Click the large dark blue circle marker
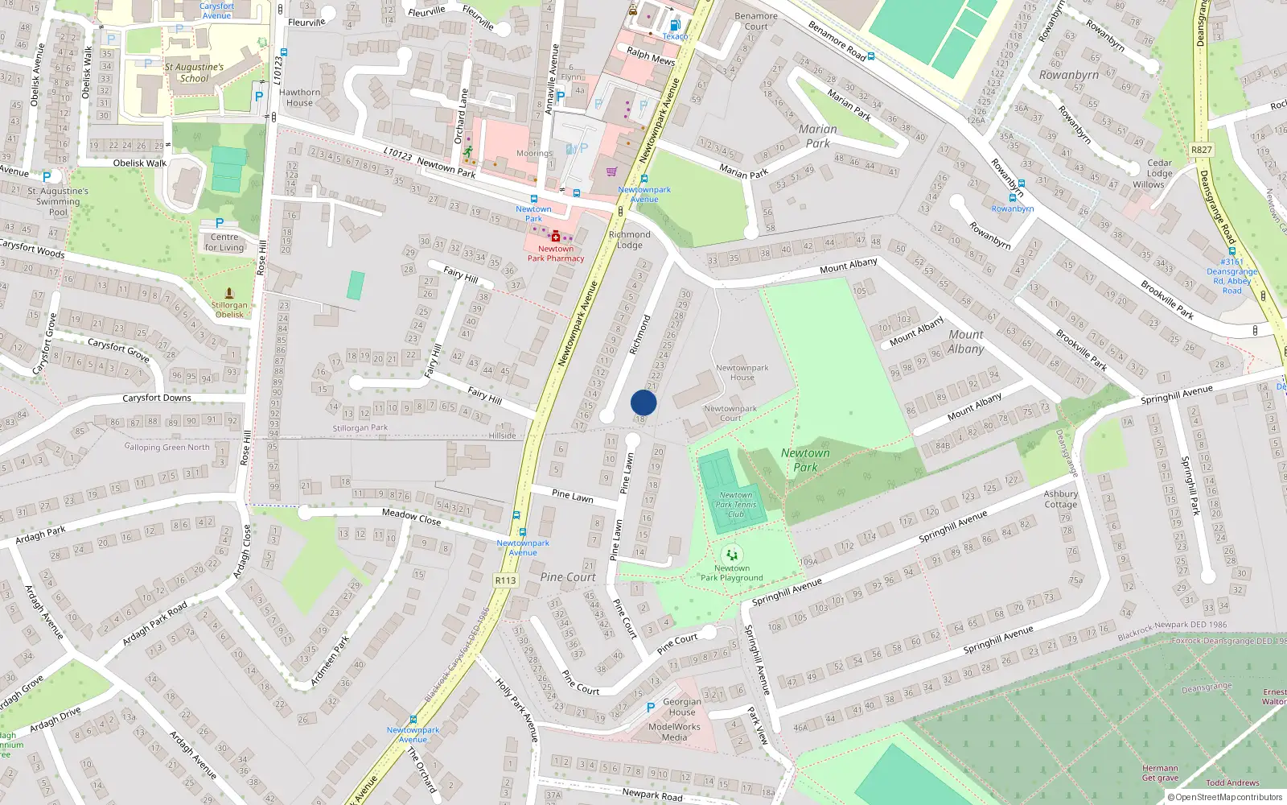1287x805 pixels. tap(643, 402)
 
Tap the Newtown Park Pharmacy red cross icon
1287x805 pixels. tap(555, 237)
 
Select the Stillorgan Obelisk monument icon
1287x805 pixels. tap(229, 294)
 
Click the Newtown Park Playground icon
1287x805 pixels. tap(731, 554)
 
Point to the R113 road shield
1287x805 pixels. tap(505, 580)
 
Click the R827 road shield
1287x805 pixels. tap(1201, 150)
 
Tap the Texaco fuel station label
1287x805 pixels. tap(675, 36)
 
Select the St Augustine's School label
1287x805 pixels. tap(194, 72)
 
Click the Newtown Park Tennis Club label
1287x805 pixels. tap(736, 505)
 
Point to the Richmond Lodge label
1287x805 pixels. tap(630, 240)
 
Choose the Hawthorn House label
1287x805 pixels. tap(299, 97)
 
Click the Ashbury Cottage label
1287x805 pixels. tap(1060, 499)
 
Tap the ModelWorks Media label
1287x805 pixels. tap(674, 732)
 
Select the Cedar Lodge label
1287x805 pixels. tap(1159, 167)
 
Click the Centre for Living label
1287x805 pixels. tap(224, 242)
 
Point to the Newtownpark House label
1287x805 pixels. tap(742, 372)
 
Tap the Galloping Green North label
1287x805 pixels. tap(167, 448)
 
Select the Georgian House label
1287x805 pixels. tap(681, 707)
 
